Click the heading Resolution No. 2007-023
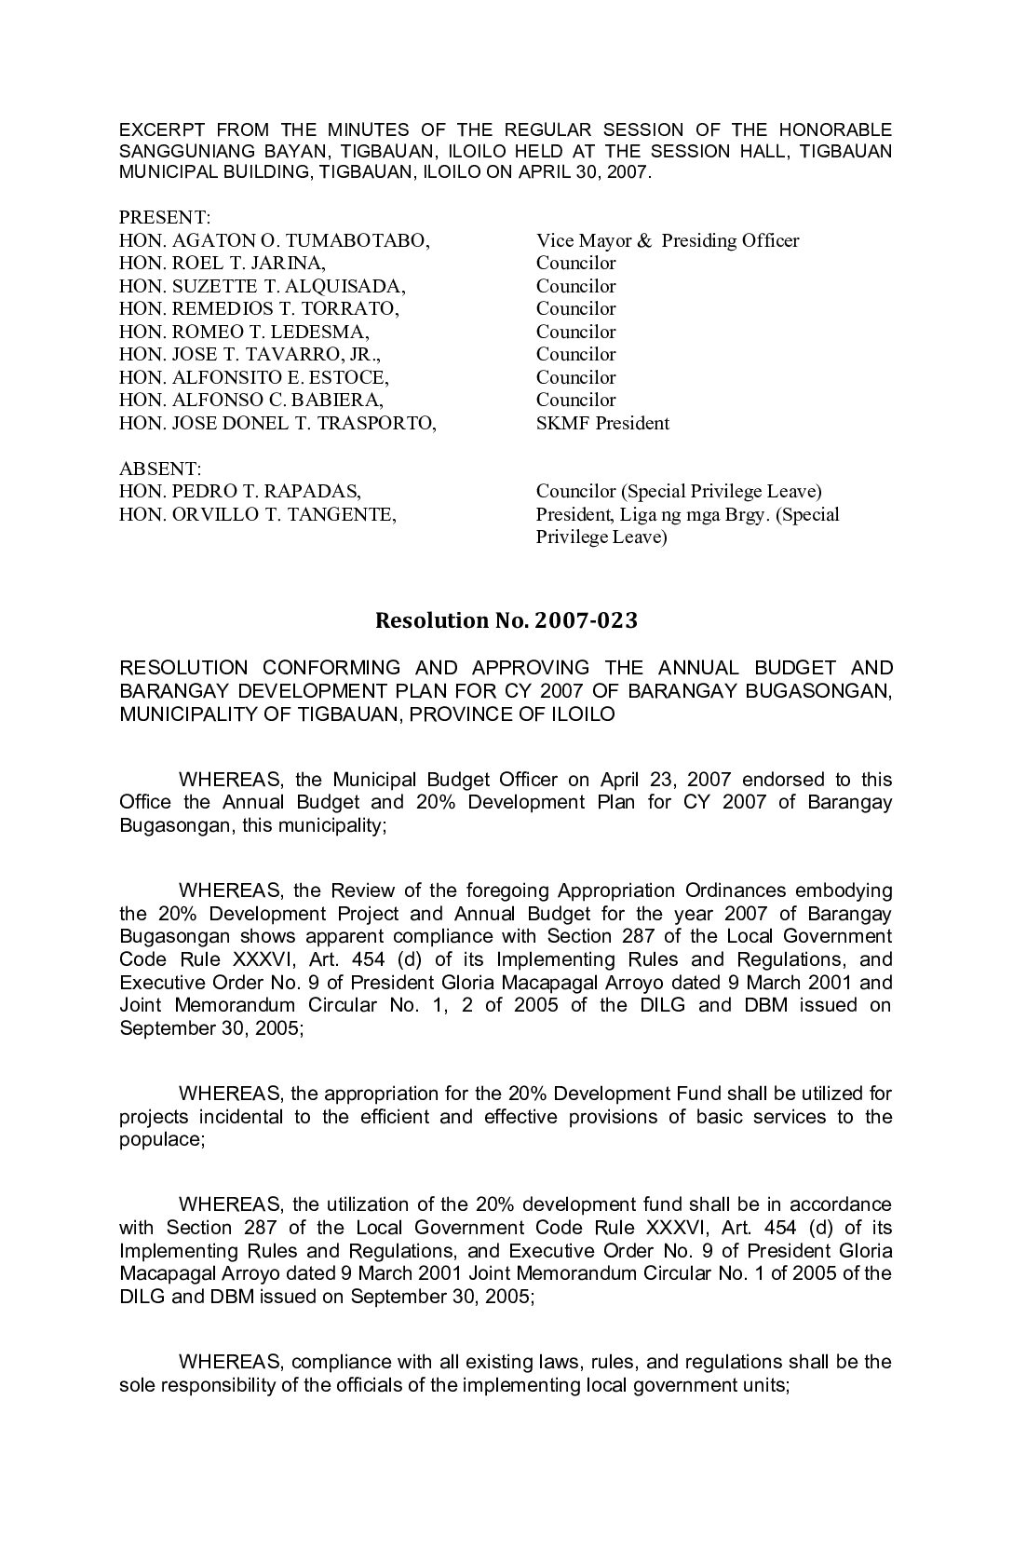tap(506, 620)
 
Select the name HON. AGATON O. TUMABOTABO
tap(274, 240)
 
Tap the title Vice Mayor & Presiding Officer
tap(667, 240)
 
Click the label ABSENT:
tap(160, 468)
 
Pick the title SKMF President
tap(602, 423)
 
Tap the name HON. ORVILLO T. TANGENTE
tap(257, 514)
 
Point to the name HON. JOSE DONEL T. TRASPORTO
tap(277, 423)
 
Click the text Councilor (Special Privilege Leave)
tap(679, 491)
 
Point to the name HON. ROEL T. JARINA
tap(223, 263)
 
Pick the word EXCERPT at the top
tap(160, 129)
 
